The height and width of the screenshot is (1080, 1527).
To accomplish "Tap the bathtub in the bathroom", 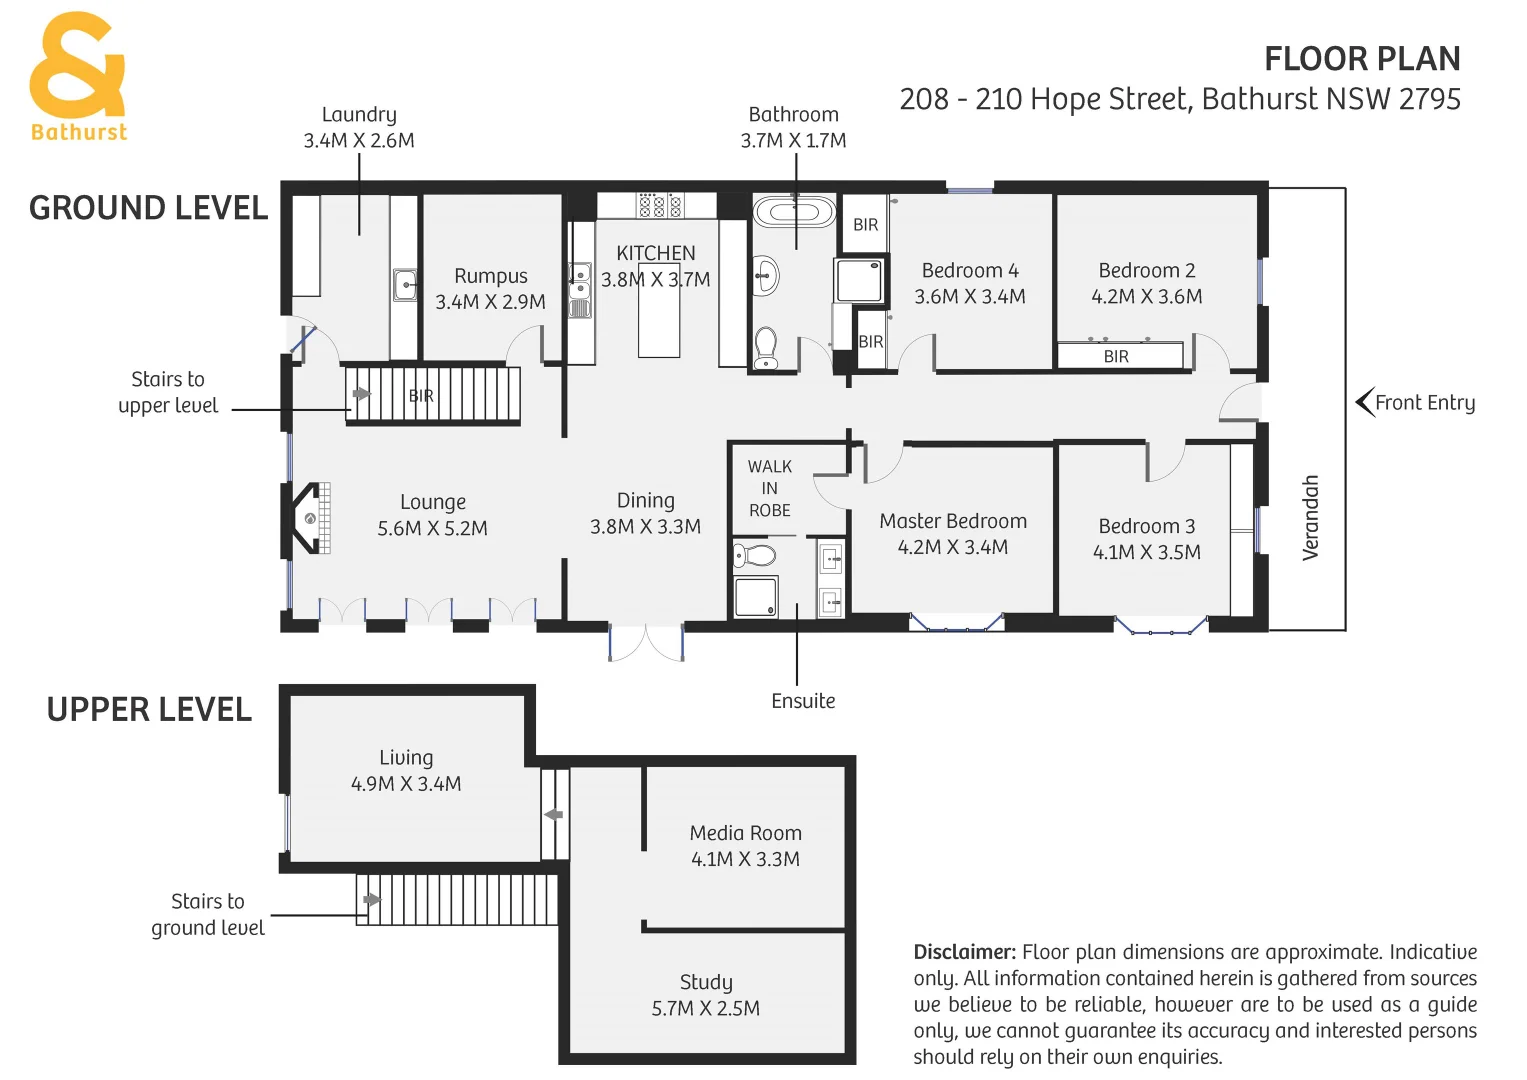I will click(x=794, y=212).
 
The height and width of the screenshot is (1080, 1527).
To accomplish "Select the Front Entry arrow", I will click(x=1364, y=402).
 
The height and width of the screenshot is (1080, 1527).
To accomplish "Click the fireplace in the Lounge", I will click(x=310, y=518).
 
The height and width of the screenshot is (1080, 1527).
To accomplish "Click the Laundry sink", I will click(x=404, y=284).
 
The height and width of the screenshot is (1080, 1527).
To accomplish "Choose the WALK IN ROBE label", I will click(x=769, y=488).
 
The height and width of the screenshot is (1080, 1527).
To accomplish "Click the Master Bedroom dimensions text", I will click(x=952, y=547).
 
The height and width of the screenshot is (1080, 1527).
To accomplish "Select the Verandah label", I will click(x=1310, y=517).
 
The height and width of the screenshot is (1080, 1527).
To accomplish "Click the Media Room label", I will click(x=745, y=833).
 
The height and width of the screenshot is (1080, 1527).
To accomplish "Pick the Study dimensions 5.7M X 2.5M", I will click(x=705, y=1008).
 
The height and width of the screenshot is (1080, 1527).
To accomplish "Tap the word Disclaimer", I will click(x=964, y=952).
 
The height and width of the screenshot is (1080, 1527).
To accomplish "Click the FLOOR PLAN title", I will click(x=1361, y=59).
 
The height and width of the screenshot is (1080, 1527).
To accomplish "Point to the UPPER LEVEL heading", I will click(x=149, y=709).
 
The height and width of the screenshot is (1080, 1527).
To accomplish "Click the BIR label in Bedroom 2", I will click(x=1116, y=356).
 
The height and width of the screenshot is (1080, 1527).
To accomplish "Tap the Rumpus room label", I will click(x=490, y=276).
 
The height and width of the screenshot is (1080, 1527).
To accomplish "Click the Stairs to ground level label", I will click(x=207, y=914).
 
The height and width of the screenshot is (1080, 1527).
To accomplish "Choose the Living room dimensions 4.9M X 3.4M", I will click(x=406, y=784).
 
